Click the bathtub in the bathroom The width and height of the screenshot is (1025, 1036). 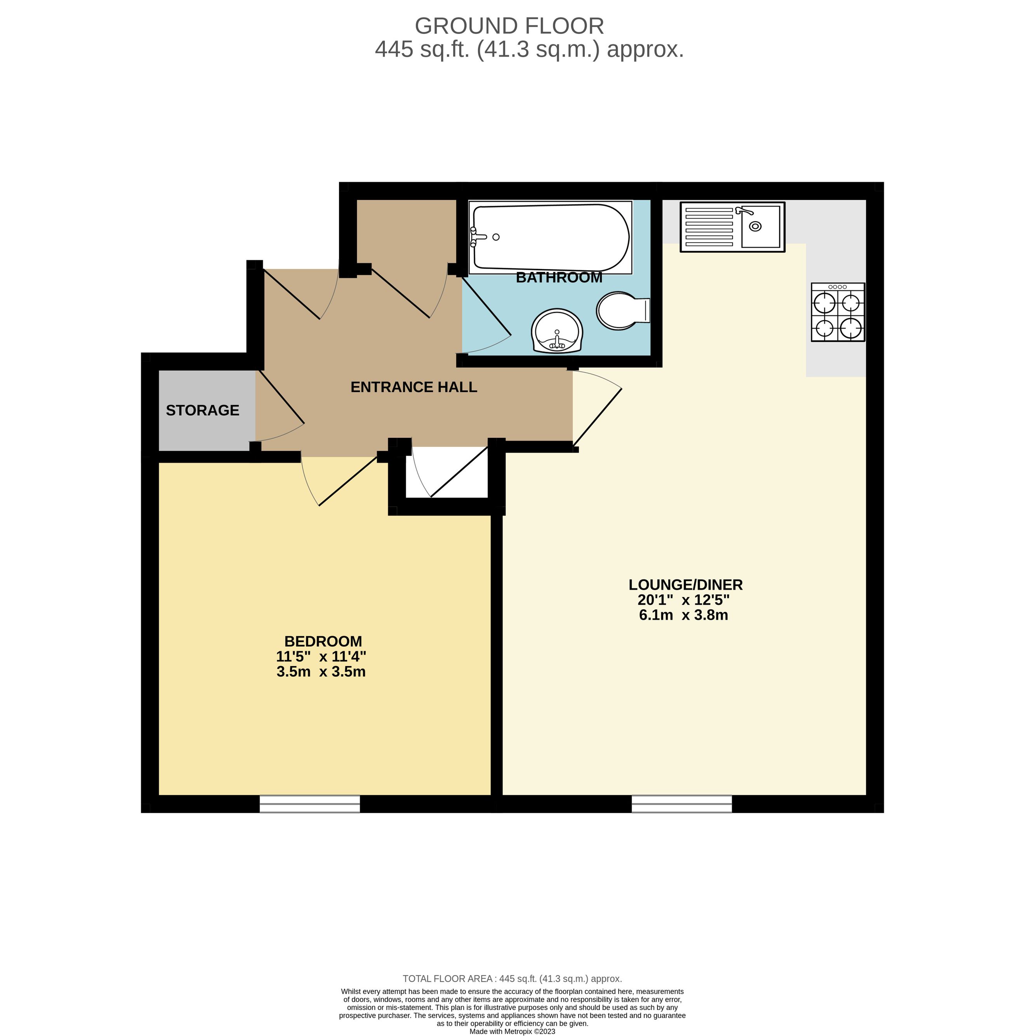coord(550,237)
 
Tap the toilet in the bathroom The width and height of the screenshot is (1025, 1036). coord(623,311)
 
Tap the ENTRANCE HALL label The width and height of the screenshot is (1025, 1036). coord(413,387)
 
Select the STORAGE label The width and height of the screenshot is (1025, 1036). coord(202,410)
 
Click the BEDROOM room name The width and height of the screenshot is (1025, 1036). coord(323,641)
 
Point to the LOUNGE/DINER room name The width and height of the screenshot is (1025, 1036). coord(686,585)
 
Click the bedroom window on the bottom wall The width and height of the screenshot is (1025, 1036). coord(309,804)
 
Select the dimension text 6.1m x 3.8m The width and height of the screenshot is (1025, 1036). coord(683,615)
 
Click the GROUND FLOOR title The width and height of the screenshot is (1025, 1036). coord(509,26)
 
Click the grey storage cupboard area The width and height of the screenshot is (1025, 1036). coord(207,410)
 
